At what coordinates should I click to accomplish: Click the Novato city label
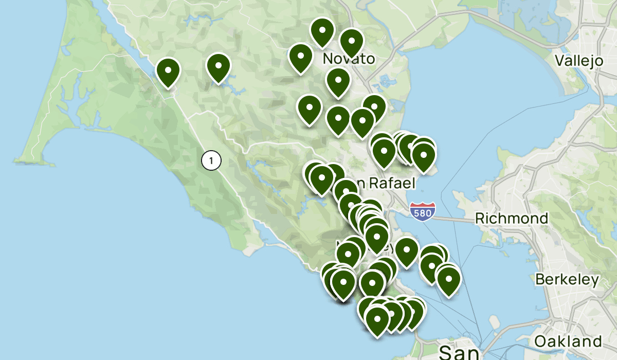coord(349,59)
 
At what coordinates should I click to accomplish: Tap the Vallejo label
coord(579,60)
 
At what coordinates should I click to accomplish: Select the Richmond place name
coord(511,218)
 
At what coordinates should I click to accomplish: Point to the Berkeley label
coord(567,280)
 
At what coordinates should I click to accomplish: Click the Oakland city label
coord(568,341)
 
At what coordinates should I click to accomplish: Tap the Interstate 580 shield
coord(423,211)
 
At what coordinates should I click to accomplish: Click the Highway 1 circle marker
coord(211,160)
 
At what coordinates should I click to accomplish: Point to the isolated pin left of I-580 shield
coord(406,252)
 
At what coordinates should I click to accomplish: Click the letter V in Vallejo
coord(560,60)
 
